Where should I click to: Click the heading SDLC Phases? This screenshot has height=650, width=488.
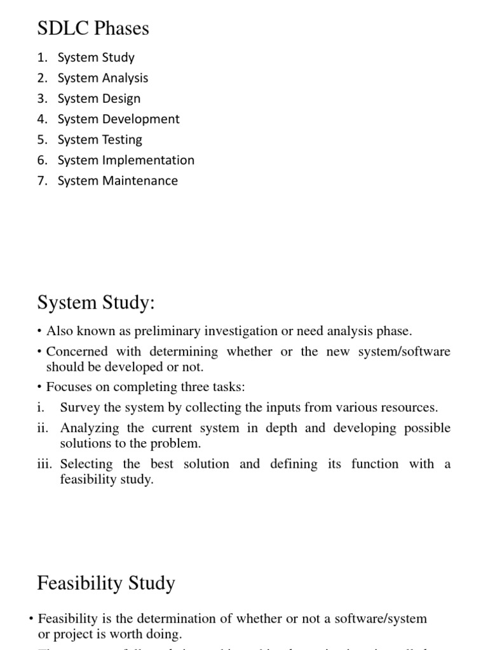click(x=93, y=29)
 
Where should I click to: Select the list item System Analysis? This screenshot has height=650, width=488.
click(x=102, y=78)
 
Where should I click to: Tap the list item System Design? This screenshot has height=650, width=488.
click(x=98, y=98)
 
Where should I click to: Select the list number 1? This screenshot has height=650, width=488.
click(x=41, y=58)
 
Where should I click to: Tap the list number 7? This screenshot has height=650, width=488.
click(x=41, y=181)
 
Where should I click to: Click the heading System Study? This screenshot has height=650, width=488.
click(x=96, y=303)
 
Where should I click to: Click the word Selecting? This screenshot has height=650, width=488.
click(x=86, y=464)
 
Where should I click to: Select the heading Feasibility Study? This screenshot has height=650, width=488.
click(x=106, y=583)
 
